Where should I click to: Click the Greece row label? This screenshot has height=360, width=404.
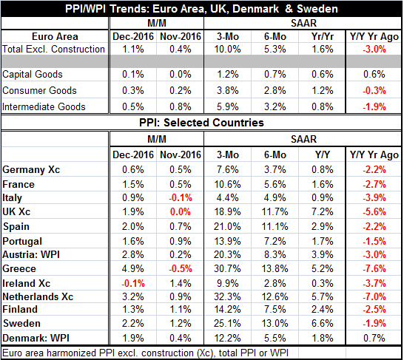click(19, 268)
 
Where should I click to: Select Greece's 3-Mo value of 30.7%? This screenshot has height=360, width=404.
click(227, 268)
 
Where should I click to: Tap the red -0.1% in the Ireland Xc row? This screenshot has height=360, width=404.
click(133, 284)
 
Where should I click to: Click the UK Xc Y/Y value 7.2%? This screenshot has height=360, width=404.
click(323, 211)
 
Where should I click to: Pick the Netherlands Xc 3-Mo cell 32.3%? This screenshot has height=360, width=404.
click(227, 296)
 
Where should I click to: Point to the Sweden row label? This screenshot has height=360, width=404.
click(21, 324)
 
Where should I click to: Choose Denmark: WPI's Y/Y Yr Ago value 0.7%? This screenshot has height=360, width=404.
click(374, 338)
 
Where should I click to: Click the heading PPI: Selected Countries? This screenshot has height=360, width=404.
click(201, 123)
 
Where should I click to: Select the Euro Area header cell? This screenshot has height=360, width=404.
click(55, 36)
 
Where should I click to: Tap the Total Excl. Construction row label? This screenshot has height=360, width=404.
click(53, 49)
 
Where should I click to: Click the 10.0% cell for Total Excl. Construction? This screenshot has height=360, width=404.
click(227, 49)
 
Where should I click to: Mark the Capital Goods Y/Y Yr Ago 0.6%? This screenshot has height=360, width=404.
click(374, 75)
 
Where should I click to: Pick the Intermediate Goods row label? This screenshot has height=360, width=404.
click(44, 106)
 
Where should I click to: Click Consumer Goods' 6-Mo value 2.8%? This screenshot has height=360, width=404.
click(275, 91)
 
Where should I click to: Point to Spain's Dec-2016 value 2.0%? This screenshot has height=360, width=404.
click(133, 227)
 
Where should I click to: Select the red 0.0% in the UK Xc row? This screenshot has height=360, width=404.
click(181, 211)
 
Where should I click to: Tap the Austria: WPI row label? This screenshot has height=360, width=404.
click(31, 255)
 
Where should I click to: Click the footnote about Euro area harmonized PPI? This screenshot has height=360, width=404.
click(145, 353)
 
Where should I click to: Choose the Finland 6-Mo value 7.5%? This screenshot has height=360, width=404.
click(275, 309)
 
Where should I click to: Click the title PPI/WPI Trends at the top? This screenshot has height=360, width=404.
click(201, 9)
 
